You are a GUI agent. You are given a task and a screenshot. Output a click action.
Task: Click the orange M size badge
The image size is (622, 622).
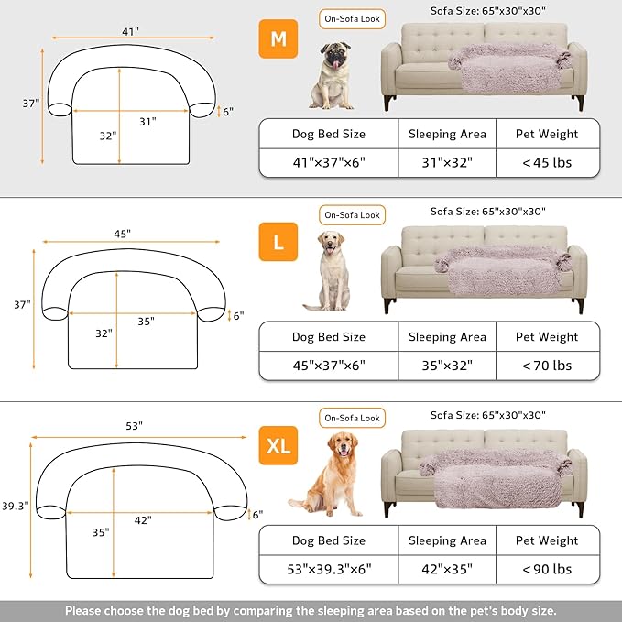tap(277, 40)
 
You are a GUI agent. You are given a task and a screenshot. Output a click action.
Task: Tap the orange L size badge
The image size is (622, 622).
tap(277, 244)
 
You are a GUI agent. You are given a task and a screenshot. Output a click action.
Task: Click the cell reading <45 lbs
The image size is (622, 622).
tap(547, 162)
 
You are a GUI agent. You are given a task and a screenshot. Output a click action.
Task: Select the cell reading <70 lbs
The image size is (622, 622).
tap(547, 366)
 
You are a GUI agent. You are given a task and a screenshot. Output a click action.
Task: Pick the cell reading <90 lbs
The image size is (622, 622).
tap(547, 569)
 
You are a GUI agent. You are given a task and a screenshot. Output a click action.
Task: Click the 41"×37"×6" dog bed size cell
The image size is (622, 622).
tap(328, 162)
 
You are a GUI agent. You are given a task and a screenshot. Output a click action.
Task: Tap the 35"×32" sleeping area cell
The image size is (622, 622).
tap(446, 366)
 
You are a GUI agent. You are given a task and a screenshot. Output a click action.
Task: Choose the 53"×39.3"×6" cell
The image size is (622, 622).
tap(328, 569)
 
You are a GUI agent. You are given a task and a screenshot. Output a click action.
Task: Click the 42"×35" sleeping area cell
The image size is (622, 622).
tap(446, 569)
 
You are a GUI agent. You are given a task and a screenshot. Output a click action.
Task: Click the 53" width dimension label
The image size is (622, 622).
tap(136, 426)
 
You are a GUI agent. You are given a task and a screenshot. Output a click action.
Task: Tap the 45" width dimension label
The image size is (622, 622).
tap(123, 234)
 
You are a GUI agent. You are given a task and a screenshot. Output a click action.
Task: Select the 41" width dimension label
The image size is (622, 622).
tap(130, 30)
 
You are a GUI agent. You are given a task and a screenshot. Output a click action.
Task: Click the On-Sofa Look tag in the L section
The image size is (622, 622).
tap(352, 214)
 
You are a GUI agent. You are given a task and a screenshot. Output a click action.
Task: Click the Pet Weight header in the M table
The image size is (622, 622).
tap(547, 134)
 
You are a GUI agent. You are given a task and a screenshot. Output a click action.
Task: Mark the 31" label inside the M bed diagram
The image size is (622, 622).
tap(149, 120)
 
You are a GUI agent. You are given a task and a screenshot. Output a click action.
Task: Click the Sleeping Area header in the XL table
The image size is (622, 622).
tap(446, 540)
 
